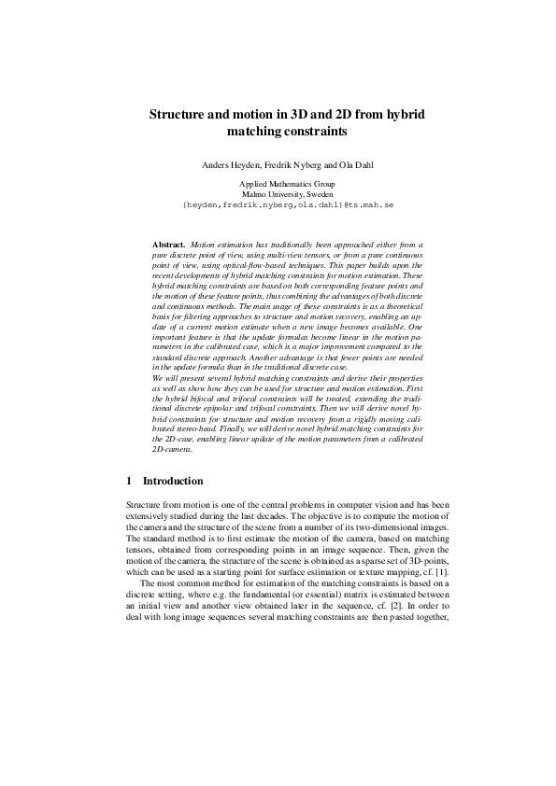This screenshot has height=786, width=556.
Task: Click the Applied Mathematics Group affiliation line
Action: coord(278,185)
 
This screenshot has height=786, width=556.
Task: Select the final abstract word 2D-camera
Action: coord(170,450)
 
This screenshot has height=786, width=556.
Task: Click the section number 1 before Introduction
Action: coord(129,481)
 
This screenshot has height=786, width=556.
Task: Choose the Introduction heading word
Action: coord(172,481)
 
